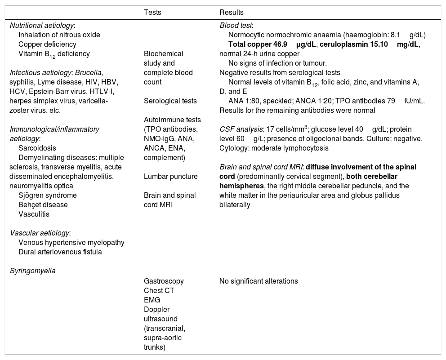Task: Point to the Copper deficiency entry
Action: pyautogui.click(x=47, y=44)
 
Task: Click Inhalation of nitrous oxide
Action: pyautogui.click(x=59, y=35)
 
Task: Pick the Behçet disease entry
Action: pyautogui.click(x=43, y=204)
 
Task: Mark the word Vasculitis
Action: pyautogui.click(x=34, y=214)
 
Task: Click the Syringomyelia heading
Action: pyautogui.click(x=32, y=271)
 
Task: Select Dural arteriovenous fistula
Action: pyautogui.click(x=60, y=252)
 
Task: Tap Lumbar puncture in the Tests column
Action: pyautogui.click(x=164, y=176)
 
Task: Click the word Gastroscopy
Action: pyautogui.click(x=164, y=281)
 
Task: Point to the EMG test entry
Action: pyautogui.click(x=152, y=300)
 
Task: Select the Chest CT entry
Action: pyautogui.click(x=159, y=290)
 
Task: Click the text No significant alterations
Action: pyautogui.click(x=259, y=281)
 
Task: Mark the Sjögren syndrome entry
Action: pyautogui.click(x=47, y=195)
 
